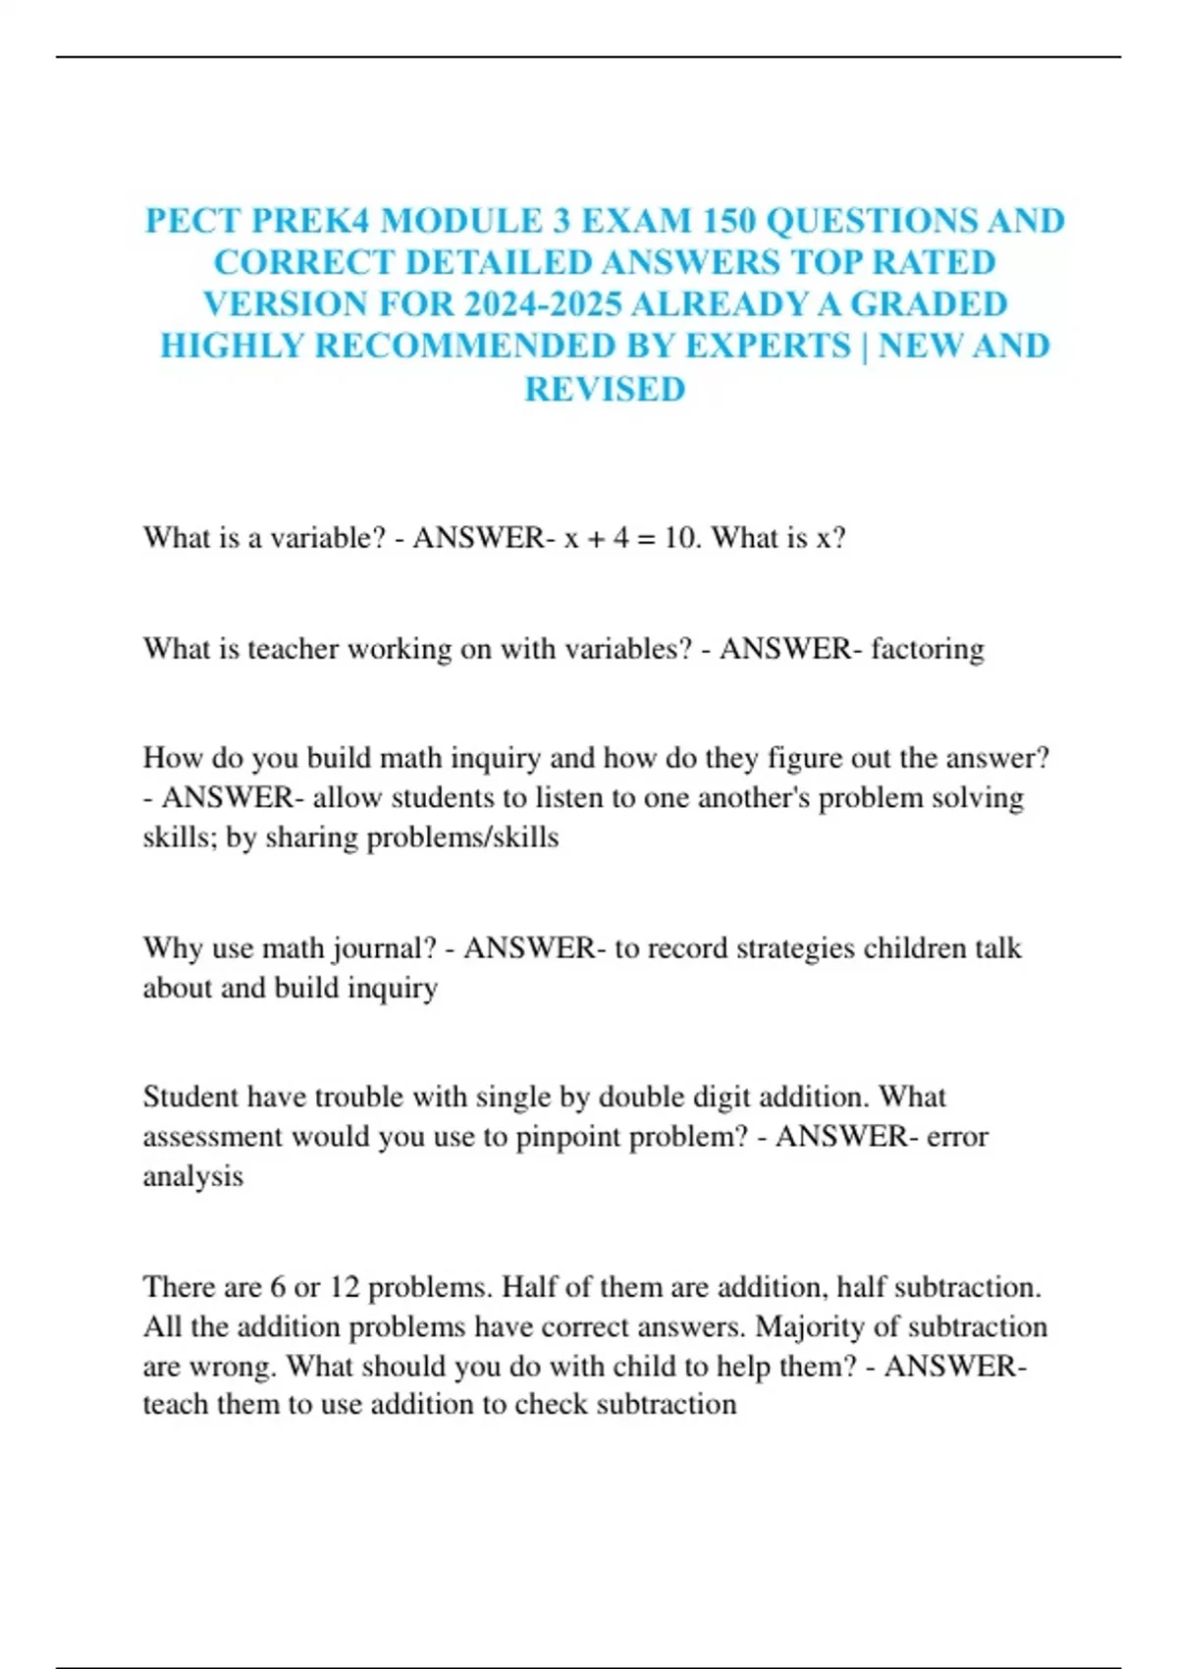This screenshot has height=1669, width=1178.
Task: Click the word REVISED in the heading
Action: tap(605, 389)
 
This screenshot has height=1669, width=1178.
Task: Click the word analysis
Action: tap(192, 1176)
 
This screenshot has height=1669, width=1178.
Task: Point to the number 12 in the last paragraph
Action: tap(344, 1287)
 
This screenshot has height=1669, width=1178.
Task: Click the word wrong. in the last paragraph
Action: tap(233, 1367)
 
